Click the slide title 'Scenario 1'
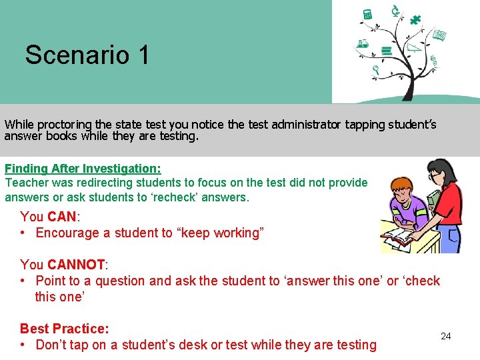(x=87, y=55)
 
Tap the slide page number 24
(x=446, y=336)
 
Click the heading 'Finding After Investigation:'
(x=83, y=169)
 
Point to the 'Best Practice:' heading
(x=64, y=329)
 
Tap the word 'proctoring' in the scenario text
(x=65, y=124)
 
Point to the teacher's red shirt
(x=451, y=203)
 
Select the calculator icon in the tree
(x=367, y=14)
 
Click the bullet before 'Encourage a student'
(x=23, y=233)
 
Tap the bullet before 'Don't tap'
(x=23, y=345)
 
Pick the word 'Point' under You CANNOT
(x=51, y=281)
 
